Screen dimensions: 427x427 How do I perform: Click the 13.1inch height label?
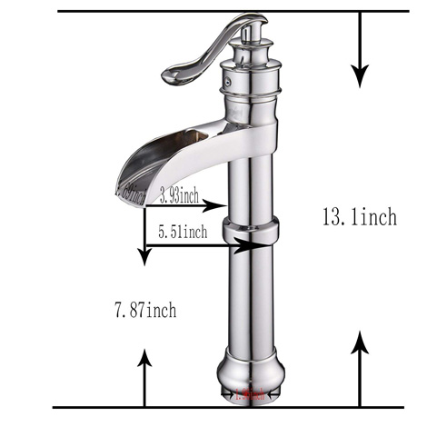click(359, 217)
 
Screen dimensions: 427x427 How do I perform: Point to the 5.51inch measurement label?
click(182, 233)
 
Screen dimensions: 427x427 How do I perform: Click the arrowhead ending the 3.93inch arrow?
click(218, 204)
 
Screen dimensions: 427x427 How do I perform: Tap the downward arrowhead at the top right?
click(362, 73)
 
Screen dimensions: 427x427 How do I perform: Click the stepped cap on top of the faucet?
click(250, 45)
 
